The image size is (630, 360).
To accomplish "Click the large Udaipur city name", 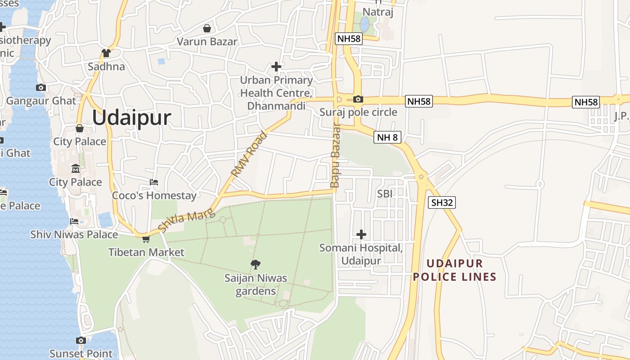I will point(131,118).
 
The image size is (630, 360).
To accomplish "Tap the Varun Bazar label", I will point(207,42).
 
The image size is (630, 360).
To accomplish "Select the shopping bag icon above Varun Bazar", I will point(207,28).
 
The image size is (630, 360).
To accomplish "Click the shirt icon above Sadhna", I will point(106,53).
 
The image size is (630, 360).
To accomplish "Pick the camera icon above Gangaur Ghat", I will point(41,87).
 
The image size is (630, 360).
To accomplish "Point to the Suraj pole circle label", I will point(358,112).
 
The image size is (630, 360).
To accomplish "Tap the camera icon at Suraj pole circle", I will point(358,99).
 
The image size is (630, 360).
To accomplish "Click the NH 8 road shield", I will point(387,137).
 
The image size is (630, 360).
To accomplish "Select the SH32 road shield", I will point(441,202).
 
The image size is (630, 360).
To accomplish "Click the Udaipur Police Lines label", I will point(454,270).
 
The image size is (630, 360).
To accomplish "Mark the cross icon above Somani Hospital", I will point(361,234).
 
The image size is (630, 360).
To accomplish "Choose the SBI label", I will point(385,194).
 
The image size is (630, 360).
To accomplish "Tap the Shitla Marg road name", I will point(184,221).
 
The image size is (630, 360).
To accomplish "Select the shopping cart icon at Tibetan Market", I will point(145,239).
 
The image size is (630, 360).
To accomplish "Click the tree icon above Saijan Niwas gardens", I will point(256,264).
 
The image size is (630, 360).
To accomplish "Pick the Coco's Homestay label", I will point(154,196).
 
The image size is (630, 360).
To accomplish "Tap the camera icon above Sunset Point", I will point(81,340).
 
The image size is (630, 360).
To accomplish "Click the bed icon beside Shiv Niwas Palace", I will point(74,221).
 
